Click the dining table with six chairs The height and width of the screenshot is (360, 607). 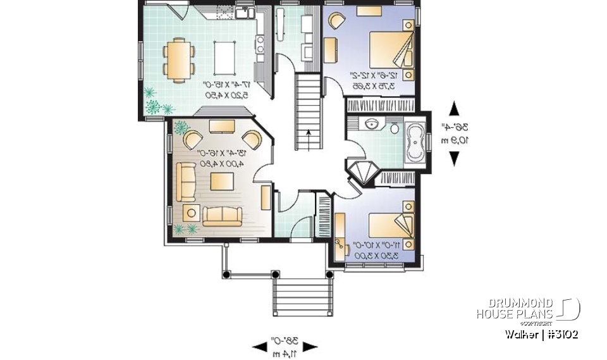(178, 59)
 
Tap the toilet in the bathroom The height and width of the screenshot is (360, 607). (394, 128)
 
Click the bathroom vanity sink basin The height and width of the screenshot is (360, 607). (372, 124)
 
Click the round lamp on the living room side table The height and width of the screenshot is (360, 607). (189, 213)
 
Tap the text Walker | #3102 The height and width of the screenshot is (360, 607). (541, 333)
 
